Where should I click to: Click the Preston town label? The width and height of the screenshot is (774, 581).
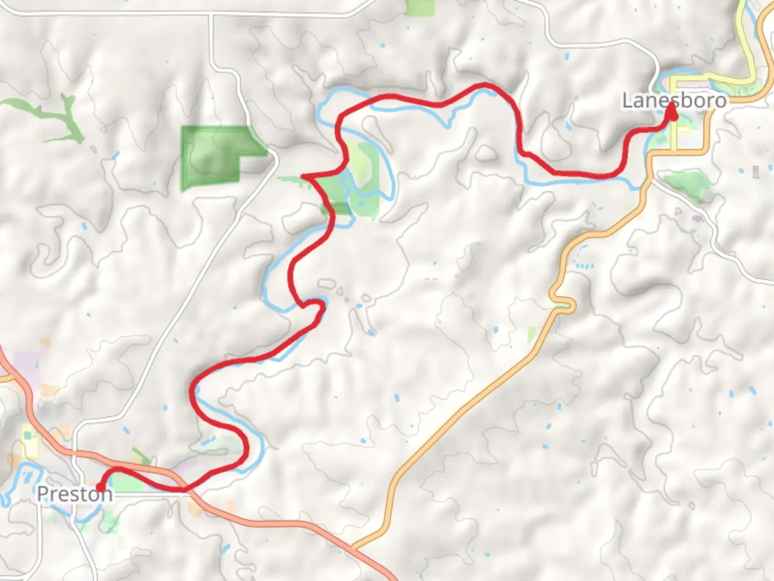pyautogui.click(x=74, y=494)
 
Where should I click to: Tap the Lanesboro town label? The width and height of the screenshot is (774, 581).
pyautogui.click(x=674, y=100)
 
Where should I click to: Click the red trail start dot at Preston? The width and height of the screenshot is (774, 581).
pyautogui.click(x=99, y=488)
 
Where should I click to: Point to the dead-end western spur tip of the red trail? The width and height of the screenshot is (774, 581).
pyautogui.click(x=304, y=176)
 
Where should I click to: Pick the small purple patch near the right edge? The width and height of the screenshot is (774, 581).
pyautogui.click(x=756, y=172)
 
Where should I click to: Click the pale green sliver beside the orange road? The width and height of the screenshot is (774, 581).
pyautogui.click(x=532, y=335)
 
